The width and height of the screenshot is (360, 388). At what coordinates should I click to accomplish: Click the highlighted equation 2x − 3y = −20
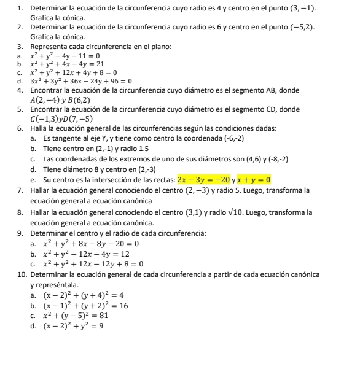[203, 180]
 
